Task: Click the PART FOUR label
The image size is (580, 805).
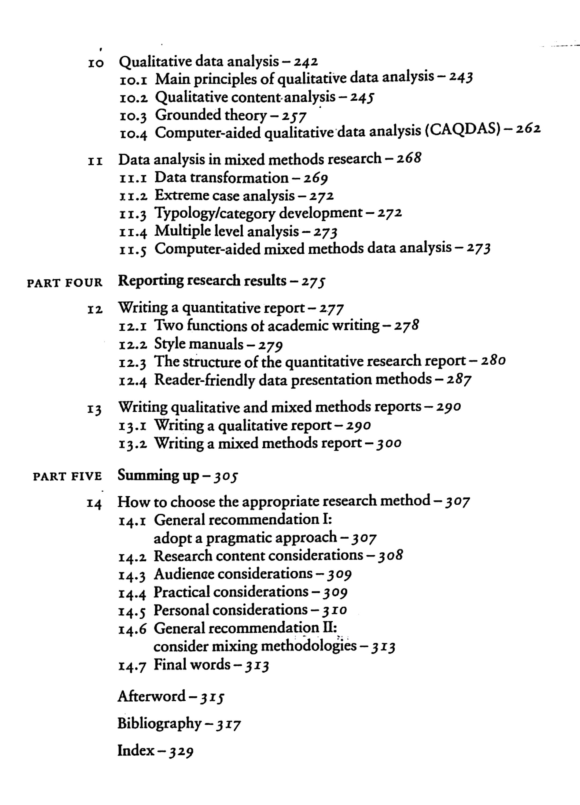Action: (x=65, y=283)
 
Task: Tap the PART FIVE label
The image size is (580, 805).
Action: (x=67, y=476)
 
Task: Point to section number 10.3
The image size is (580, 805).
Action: (x=133, y=116)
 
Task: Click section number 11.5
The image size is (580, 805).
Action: (x=133, y=250)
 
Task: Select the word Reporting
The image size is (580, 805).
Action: (x=150, y=281)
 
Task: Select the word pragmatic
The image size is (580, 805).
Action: (x=238, y=538)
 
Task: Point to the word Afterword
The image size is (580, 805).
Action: (x=151, y=696)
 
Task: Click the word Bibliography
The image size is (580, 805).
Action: (x=159, y=723)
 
